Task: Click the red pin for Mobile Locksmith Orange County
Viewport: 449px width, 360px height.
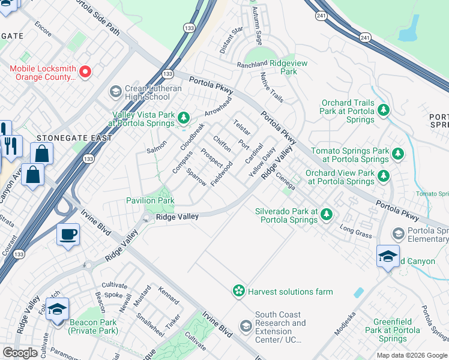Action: pyautogui.click(x=85, y=72)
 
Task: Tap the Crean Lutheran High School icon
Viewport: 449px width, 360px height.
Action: pyautogui.click(x=115, y=92)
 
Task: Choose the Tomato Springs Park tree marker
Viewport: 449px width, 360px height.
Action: pyautogui.click(x=397, y=154)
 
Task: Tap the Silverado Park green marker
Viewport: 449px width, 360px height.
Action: pyautogui.click(x=326, y=214)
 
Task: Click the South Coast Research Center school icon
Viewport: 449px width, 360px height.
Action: pyautogui.click(x=246, y=326)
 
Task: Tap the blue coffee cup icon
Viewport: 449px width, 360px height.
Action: pyautogui.click(x=68, y=234)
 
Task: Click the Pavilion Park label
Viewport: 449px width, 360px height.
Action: pyautogui.click(x=150, y=200)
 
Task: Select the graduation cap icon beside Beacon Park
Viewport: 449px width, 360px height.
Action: pyautogui.click(x=58, y=310)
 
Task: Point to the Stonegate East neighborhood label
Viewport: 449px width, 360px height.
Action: pyautogui.click(x=74, y=138)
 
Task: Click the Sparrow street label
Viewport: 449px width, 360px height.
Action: pyautogui.click(x=196, y=177)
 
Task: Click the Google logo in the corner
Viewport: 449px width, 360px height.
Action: pyautogui.click(x=20, y=353)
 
